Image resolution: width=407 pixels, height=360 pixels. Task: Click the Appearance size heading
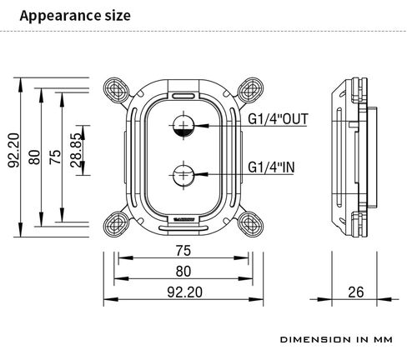coord(75,16)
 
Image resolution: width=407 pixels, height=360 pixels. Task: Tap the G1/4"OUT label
coord(278,119)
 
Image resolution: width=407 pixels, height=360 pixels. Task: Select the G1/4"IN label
coord(271,167)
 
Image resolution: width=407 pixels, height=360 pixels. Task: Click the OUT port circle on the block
coord(183,126)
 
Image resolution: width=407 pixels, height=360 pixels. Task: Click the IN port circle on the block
coord(183,175)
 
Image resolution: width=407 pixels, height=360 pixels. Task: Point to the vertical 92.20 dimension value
coord(14,150)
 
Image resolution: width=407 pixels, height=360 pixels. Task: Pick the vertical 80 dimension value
coord(35,157)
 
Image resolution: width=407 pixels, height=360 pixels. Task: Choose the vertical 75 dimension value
coord(55,157)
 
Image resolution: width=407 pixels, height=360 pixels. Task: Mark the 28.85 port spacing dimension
coord(77,150)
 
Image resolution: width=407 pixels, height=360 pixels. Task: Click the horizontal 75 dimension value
coord(183,251)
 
